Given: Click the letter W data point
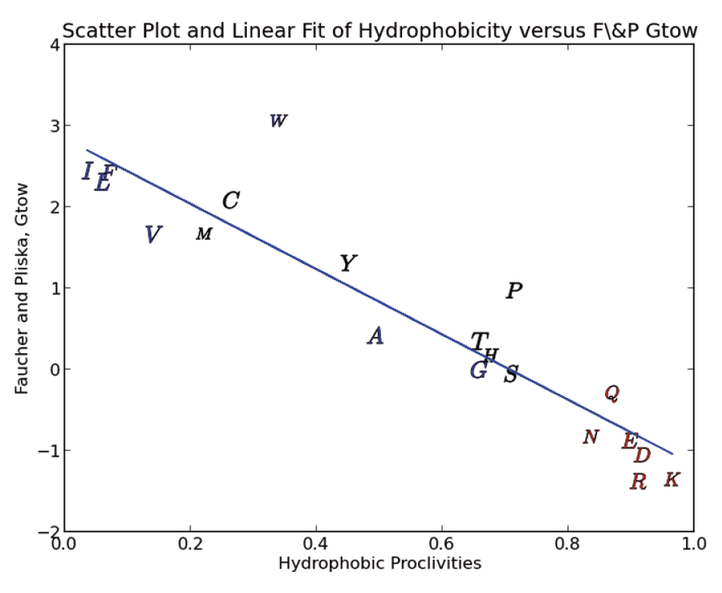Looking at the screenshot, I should pos(278,121).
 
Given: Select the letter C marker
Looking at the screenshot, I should pos(230,201).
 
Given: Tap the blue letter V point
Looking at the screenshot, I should pos(152,235).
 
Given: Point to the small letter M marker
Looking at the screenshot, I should pos(204,234).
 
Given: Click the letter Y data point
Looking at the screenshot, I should pos(348,264).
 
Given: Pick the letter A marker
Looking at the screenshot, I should pos(375,336).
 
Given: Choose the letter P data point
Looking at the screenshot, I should pos(513,291).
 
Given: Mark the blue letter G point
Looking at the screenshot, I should pos(478,371).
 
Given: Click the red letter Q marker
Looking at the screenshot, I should pos(612,394).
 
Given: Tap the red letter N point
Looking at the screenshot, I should pos(591,437).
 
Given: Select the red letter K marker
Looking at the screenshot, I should pos(671,480).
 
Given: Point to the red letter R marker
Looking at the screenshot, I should pos(638,482).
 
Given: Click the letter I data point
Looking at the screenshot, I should pos(87,171).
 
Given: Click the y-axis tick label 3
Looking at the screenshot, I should pos(53,126).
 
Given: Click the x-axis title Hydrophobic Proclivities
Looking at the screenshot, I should pos(379,563).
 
